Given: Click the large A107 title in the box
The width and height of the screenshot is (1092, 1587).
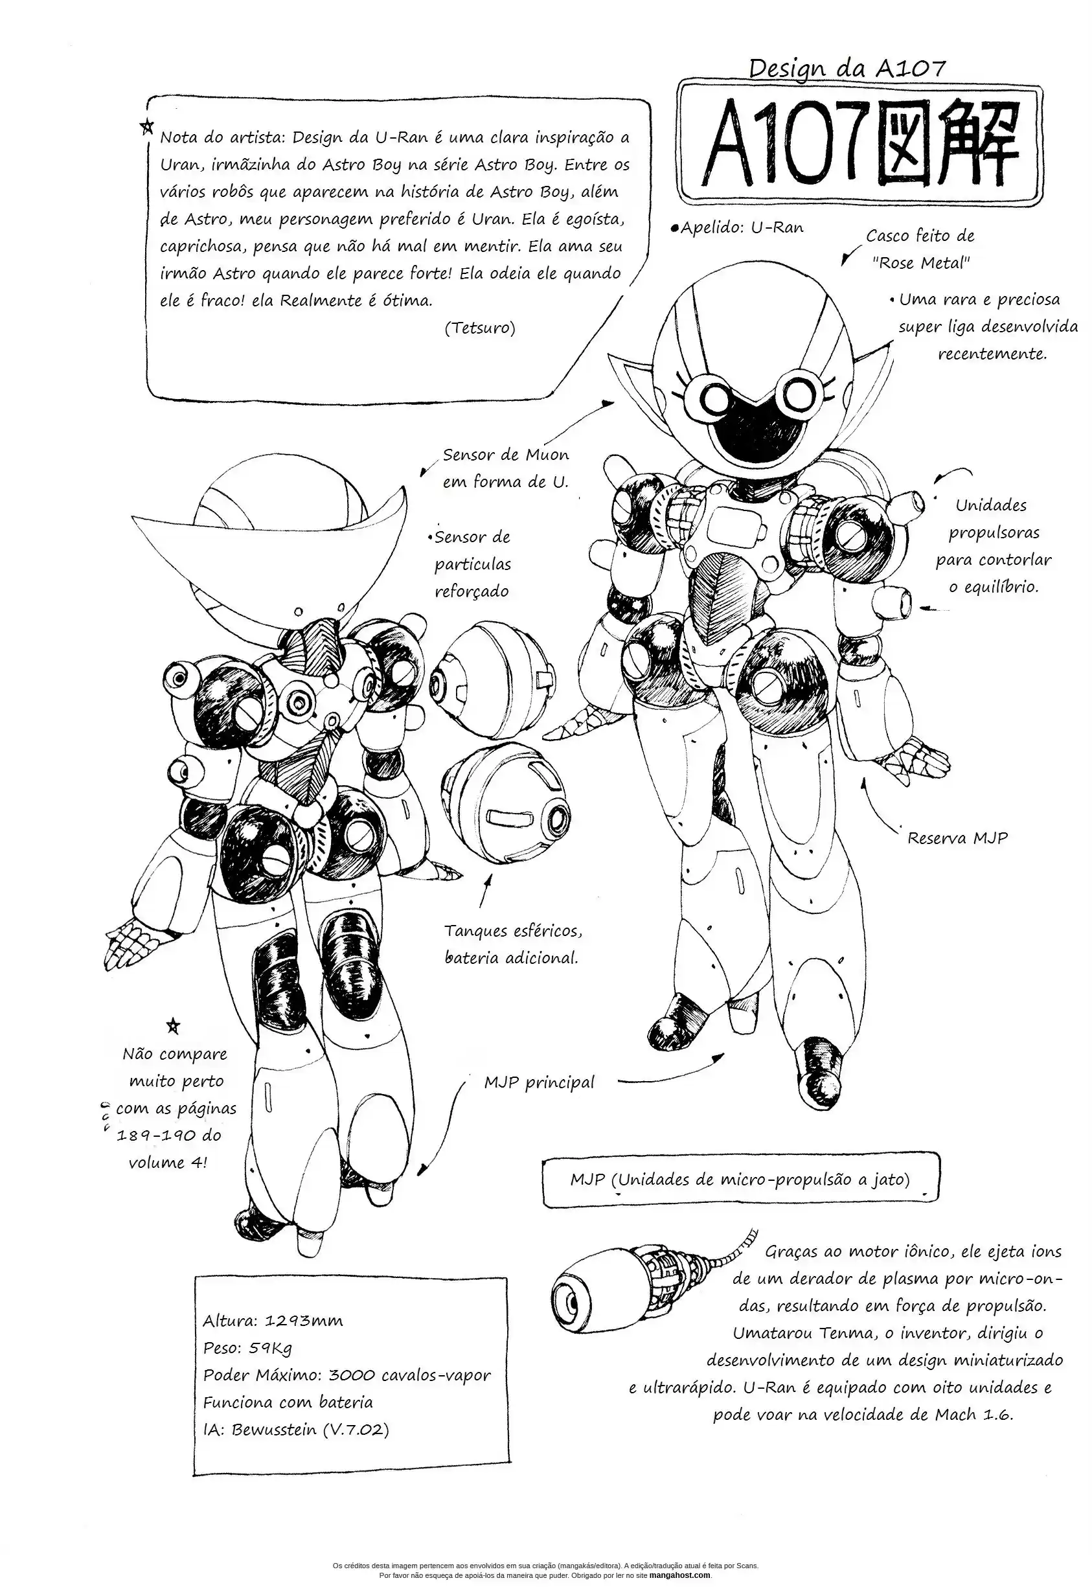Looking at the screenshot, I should click(x=859, y=146).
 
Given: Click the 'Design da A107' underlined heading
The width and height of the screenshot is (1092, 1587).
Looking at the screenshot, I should click(x=847, y=68).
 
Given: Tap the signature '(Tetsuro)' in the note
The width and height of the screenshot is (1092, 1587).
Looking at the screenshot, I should click(x=480, y=328).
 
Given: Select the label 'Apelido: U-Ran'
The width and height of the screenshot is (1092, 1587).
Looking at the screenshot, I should click(x=739, y=228).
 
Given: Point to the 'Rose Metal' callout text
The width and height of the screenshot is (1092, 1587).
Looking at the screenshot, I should click(x=921, y=263).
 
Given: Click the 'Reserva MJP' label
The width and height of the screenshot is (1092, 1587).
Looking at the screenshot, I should click(x=957, y=838).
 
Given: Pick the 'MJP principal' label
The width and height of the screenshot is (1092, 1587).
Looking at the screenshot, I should click(x=538, y=1082).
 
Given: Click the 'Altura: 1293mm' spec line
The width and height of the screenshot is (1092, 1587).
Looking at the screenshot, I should click(x=272, y=1320).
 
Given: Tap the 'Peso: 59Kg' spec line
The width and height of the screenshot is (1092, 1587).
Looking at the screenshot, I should click(x=247, y=1347).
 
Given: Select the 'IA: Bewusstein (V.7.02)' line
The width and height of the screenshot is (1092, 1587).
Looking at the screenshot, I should click(x=295, y=1429).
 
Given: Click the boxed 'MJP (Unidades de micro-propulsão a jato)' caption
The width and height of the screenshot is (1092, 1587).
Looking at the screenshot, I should click(x=740, y=1179).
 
